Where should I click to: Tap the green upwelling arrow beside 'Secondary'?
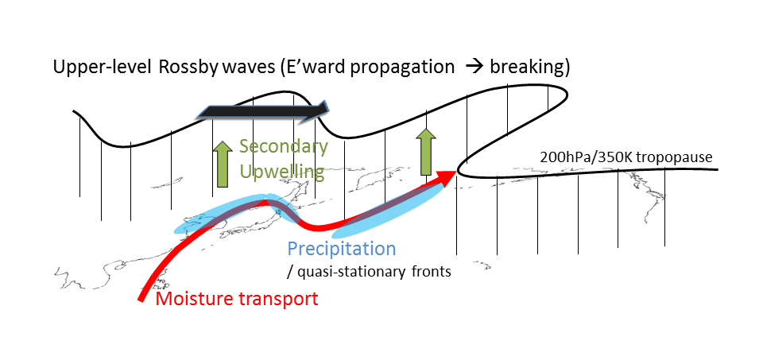point(223,164)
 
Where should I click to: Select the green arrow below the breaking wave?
point(426,152)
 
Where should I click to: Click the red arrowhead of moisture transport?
point(445,176)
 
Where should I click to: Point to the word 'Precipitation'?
point(342,249)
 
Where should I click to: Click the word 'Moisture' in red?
point(192,298)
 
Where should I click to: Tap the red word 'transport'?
point(277,298)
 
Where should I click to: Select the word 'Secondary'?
point(284,147)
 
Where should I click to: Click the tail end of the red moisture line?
point(141,300)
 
